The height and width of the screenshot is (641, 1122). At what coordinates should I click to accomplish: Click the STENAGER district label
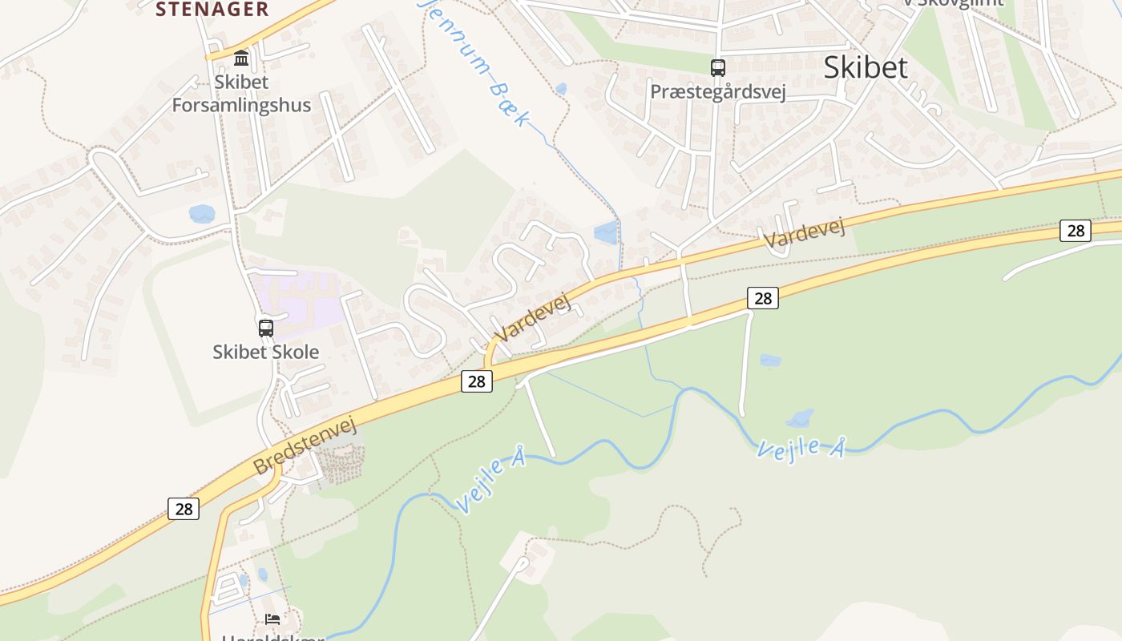212,10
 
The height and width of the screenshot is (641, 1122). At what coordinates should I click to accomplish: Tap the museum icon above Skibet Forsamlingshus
241,58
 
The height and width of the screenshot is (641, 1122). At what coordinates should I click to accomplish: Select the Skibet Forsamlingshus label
241,93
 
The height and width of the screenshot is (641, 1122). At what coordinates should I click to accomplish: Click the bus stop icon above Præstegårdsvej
718,68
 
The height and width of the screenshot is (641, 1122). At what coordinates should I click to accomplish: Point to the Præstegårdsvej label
718,91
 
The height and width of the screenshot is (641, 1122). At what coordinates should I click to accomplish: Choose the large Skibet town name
866,67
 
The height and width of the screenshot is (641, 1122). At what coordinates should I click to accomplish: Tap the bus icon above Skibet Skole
266,328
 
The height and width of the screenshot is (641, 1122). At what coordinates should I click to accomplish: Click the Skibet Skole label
266,352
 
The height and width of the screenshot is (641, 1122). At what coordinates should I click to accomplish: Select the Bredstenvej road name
305,445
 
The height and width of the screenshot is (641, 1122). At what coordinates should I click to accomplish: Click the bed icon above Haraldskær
272,619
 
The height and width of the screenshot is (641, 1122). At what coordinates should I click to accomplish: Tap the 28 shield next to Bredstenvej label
184,508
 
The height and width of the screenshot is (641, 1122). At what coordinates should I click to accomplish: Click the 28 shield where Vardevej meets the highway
477,381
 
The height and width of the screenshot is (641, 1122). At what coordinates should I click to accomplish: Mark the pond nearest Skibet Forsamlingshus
202,214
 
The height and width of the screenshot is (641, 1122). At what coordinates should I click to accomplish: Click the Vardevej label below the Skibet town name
804,233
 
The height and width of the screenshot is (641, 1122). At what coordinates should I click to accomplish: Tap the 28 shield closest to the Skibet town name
1075,231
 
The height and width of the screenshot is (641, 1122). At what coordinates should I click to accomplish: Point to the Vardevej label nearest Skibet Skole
532,318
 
